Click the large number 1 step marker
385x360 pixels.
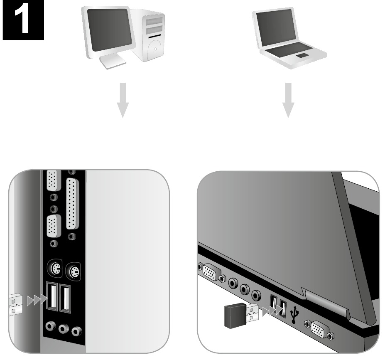(23, 20)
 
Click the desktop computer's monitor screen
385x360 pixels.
(109, 30)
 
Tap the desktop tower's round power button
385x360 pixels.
(155, 49)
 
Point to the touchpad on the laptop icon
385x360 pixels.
(302, 55)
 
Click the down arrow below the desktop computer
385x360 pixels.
(123, 100)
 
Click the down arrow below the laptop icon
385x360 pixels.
(288, 100)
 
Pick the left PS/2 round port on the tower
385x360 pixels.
(54, 269)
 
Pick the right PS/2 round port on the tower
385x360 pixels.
(73, 272)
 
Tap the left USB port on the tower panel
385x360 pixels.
(52, 297)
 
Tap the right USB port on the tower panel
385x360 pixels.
(65, 299)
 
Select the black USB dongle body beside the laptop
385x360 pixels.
(235, 316)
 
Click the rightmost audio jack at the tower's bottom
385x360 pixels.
(76, 331)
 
